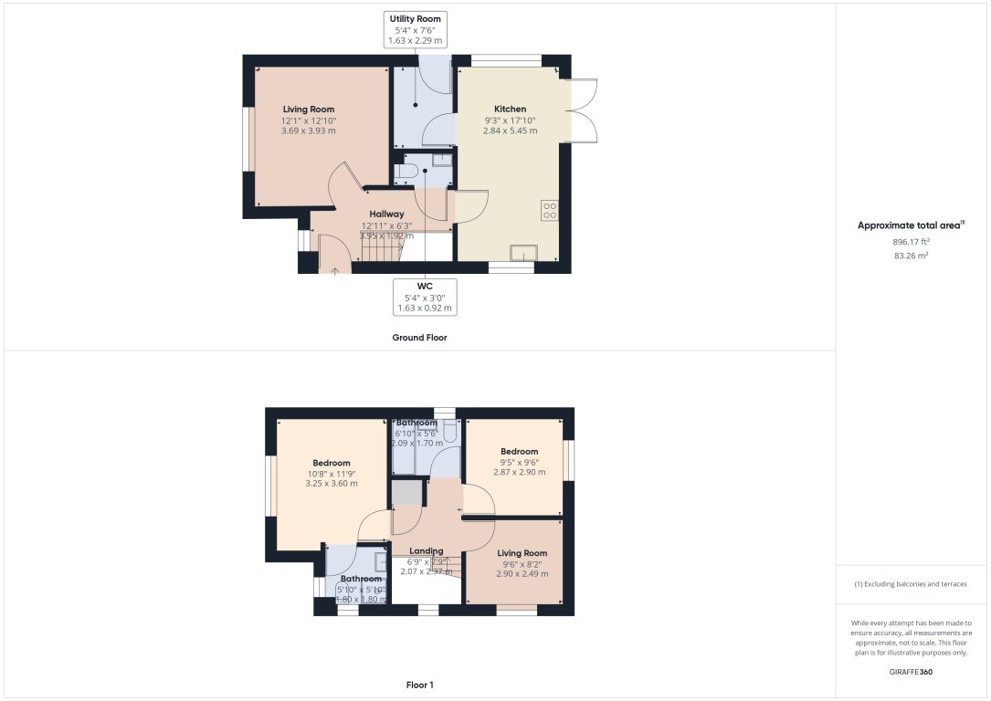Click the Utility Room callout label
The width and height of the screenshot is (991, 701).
point(416,29)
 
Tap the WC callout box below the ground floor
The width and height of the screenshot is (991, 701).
point(424,298)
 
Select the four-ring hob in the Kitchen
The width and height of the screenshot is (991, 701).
point(550,211)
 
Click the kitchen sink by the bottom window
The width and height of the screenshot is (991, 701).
point(523,253)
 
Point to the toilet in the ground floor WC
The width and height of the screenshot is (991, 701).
point(407,171)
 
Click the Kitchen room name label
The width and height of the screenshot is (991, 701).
point(510,109)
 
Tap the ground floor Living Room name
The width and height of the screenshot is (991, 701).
point(308,109)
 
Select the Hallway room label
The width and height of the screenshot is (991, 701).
point(386,214)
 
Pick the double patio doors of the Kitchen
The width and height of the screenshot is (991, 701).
point(582,110)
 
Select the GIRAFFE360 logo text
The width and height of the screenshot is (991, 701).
point(911,672)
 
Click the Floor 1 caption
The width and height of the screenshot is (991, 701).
point(419,684)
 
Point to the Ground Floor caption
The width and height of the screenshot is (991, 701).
point(419,338)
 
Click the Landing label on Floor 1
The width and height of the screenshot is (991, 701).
point(427,551)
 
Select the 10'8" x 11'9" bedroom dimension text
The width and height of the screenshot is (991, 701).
point(331,473)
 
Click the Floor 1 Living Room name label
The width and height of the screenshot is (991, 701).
point(522,553)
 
